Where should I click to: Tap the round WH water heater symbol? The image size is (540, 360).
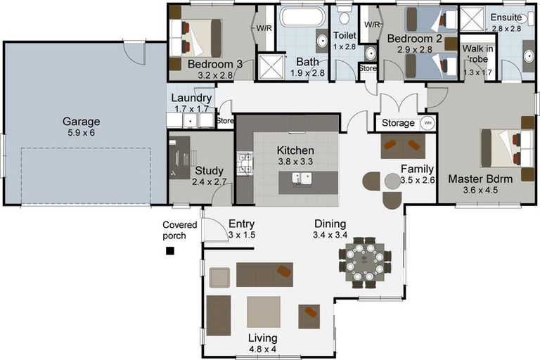[426, 123]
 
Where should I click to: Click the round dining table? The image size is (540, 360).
[365, 262]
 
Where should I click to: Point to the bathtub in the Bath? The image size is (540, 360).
[302, 17]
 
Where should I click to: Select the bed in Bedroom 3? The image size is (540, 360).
[199, 37]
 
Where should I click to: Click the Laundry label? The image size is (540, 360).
[191, 98]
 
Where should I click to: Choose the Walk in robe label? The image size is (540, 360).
[479, 53]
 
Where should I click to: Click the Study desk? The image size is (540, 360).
[179, 155]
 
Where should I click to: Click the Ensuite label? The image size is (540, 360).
[506, 18]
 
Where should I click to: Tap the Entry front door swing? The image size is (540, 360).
[211, 229]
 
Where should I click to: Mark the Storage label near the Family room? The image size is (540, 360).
[398, 123]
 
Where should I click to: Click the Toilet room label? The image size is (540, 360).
[345, 34]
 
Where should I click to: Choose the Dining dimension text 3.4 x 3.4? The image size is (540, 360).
[330, 234]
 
